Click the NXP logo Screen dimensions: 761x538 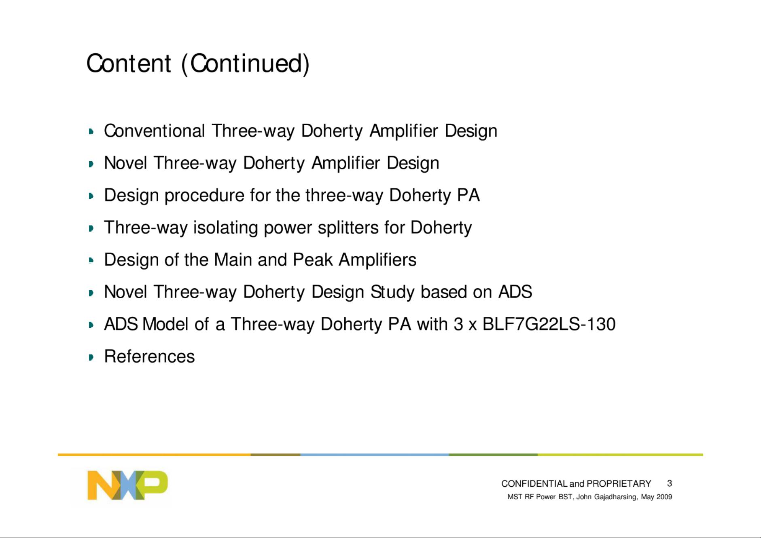(127, 485)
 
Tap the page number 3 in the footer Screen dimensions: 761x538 (670, 483)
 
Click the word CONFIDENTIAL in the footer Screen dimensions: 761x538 (534, 483)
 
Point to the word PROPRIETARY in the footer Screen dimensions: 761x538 (619, 483)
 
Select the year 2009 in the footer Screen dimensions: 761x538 (664, 497)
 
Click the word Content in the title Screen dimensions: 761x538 (129, 63)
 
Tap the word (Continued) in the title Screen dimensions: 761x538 (245, 64)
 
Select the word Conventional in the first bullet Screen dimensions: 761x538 (154, 131)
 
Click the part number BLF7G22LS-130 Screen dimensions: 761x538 (549, 324)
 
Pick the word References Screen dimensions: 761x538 (149, 357)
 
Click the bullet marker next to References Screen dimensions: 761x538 (91, 357)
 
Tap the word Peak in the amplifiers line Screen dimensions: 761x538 (313, 260)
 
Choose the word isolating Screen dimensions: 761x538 (225, 228)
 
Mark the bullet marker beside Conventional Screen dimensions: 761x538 (91, 131)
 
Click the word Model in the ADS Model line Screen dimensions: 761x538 (165, 324)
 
